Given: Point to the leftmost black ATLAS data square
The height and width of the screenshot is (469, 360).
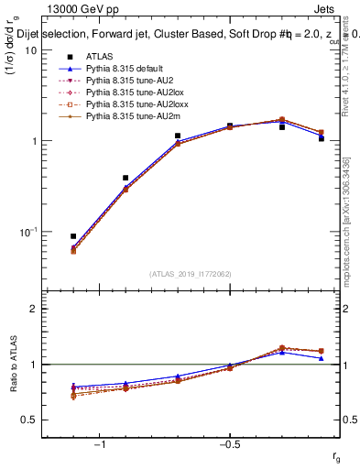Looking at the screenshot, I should [x=73, y=236].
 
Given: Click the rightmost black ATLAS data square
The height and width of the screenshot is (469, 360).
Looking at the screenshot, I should [x=322, y=138].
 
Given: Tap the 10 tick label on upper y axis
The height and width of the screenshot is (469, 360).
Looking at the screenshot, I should [x=30, y=50].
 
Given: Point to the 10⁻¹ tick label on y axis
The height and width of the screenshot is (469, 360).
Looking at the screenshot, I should [x=26, y=231].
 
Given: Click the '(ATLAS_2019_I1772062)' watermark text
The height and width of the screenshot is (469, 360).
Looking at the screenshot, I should [x=191, y=273].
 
